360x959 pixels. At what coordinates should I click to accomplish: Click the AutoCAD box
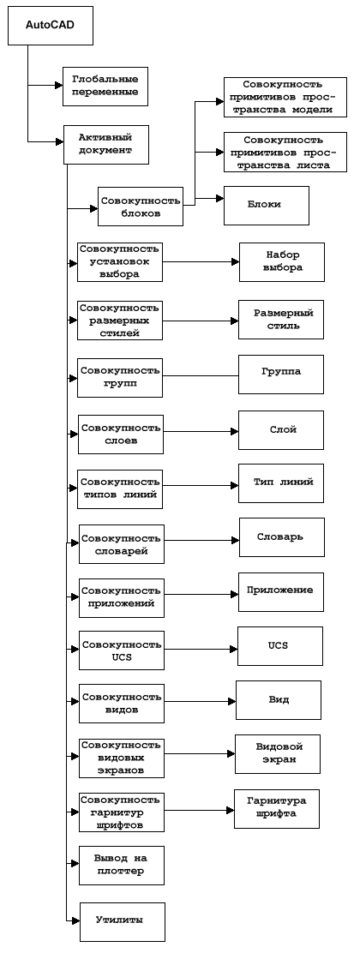tap(50, 26)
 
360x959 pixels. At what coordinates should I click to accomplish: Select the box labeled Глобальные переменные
tap(105, 87)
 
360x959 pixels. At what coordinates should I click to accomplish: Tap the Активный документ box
tap(105, 145)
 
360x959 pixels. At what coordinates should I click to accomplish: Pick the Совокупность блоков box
tap(140, 207)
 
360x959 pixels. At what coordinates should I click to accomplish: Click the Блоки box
tap(267, 206)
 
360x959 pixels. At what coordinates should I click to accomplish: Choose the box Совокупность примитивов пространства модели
tap(285, 97)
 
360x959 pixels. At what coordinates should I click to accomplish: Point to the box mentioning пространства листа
tap(285, 153)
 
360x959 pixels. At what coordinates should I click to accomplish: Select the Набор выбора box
tap(282, 261)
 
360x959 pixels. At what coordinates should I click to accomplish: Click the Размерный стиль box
tap(281, 320)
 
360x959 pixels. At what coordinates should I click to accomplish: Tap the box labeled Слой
tap(281, 430)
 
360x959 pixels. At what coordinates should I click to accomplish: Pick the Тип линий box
tap(281, 483)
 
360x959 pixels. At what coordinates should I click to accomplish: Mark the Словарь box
tap(282, 537)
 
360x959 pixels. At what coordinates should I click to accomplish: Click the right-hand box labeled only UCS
tap(280, 646)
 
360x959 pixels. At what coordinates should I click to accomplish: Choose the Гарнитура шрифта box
tap(276, 809)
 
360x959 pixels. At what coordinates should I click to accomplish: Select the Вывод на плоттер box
tap(122, 865)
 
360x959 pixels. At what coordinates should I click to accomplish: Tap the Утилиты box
tap(123, 921)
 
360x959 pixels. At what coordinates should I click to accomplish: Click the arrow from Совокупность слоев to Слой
tap(201, 431)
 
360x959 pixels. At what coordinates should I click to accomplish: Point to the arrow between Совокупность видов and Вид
tap(201, 701)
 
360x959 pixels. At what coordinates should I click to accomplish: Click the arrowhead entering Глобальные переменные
tap(59, 86)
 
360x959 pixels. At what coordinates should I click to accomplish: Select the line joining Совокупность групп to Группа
tap(201, 375)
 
